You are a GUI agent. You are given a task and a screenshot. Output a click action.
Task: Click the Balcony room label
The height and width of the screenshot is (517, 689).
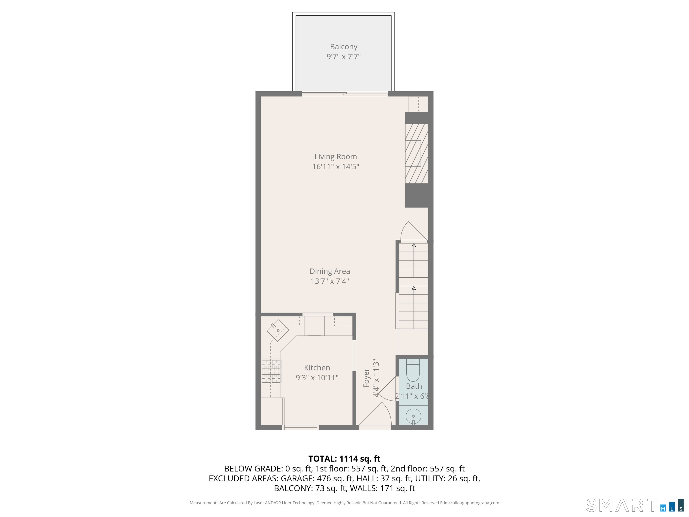(x=344, y=47)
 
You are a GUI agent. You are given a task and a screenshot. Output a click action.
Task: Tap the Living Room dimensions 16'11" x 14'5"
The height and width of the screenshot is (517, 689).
(x=336, y=166)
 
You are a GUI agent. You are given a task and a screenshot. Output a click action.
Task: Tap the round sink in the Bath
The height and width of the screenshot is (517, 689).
(x=413, y=416)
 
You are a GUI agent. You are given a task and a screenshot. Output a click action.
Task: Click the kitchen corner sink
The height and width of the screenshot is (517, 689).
(x=278, y=330)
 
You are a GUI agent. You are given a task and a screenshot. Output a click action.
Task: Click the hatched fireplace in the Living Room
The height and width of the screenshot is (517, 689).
(x=416, y=154)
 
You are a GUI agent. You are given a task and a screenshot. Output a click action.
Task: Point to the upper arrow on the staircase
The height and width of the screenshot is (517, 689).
(x=414, y=260)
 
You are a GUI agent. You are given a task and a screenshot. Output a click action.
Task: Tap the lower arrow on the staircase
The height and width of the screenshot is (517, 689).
(x=414, y=307)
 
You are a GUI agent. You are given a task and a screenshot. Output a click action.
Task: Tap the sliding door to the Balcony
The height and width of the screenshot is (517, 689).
(x=345, y=94)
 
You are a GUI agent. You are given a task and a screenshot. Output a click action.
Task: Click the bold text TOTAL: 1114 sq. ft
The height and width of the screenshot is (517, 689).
(x=344, y=459)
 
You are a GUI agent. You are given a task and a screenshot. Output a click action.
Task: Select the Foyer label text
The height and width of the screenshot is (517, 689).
(x=366, y=378)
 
